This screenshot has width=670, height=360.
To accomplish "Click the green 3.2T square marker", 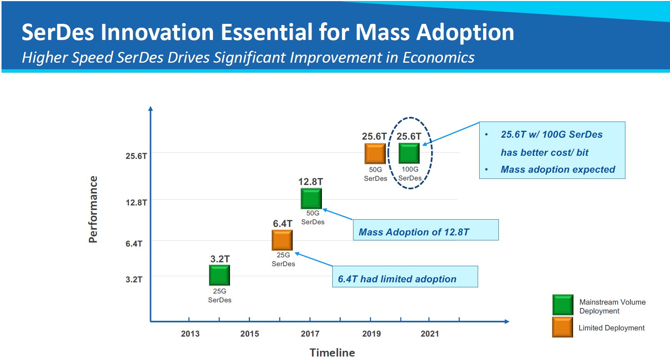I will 219,275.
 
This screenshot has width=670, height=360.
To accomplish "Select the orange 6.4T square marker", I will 282,240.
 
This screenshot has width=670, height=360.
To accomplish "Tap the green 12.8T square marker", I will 311,198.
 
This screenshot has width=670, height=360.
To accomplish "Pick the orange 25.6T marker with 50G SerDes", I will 375,153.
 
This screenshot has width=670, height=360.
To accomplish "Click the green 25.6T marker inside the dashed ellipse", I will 409,153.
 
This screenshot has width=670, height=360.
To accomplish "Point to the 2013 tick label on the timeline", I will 190,334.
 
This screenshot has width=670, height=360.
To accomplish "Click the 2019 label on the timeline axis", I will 371,334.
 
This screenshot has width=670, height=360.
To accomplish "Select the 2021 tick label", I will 430,334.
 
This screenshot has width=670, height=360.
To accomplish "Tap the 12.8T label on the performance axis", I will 136,202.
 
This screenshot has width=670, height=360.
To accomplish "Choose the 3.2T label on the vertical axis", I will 134,279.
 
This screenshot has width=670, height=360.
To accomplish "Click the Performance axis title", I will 93,209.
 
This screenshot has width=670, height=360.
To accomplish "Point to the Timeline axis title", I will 332,352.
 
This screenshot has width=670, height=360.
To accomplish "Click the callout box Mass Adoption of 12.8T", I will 425,230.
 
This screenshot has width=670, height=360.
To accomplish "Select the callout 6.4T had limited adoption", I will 405,277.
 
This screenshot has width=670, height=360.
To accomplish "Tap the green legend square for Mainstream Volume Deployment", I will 563,305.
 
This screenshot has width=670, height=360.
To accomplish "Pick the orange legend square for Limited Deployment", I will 562,327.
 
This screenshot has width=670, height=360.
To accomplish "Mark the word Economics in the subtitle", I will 438,57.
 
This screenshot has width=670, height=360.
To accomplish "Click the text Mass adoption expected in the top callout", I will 558,170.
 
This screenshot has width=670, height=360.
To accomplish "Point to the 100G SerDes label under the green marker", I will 410,174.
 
